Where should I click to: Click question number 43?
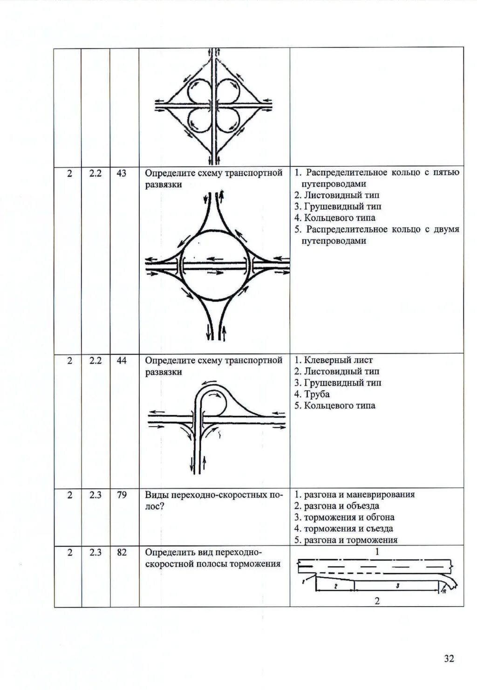(x=122, y=173)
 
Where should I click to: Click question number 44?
(x=122, y=361)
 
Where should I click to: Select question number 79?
(x=122, y=495)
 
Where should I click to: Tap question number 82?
(x=122, y=553)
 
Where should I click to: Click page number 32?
(x=449, y=658)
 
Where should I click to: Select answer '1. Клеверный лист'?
(x=334, y=360)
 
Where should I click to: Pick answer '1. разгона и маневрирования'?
(x=354, y=495)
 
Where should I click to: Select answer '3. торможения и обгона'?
(x=344, y=517)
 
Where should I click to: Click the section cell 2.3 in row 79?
(x=95, y=495)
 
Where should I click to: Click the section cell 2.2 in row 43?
(x=95, y=173)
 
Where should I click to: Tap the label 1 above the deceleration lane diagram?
(x=377, y=552)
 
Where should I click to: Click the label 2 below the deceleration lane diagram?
(x=377, y=601)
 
